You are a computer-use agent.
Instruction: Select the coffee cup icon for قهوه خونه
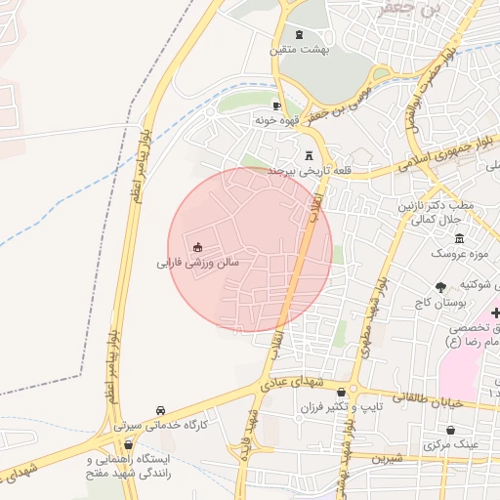coord(276,105)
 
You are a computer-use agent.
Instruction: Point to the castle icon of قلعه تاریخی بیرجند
coord(311,154)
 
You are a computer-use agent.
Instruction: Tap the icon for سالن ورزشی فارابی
coord(198,246)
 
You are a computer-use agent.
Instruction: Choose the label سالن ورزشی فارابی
coord(197,263)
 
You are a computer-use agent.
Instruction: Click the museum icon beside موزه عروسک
coord(459,239)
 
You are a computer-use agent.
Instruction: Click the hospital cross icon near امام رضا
coord(496,312)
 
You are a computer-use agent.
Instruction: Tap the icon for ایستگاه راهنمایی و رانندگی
coord(127,444)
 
